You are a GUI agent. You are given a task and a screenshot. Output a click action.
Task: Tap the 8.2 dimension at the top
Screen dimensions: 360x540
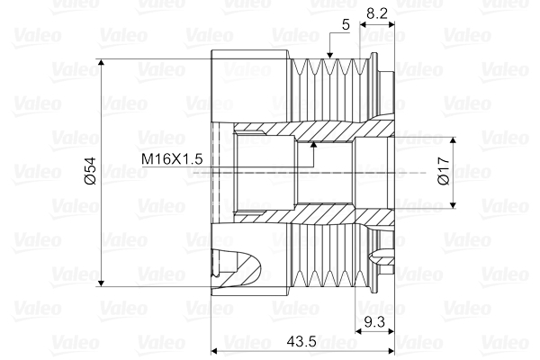(x=378, y=14)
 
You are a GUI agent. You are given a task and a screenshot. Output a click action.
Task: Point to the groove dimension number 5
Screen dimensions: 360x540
(x=346, y=25)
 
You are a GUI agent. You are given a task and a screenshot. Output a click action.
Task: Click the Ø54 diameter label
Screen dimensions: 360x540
(x=90, y=171)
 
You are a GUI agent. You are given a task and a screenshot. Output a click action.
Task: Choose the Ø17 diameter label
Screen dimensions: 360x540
(x=442, y=172)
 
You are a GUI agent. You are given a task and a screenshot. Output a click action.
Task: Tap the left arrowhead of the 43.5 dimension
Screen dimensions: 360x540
(x=214, y=351)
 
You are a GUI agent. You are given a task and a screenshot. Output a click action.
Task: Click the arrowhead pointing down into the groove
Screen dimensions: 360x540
(x=330, y=58)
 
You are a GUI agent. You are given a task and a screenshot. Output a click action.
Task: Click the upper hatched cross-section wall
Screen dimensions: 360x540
(x=324, y=131)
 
